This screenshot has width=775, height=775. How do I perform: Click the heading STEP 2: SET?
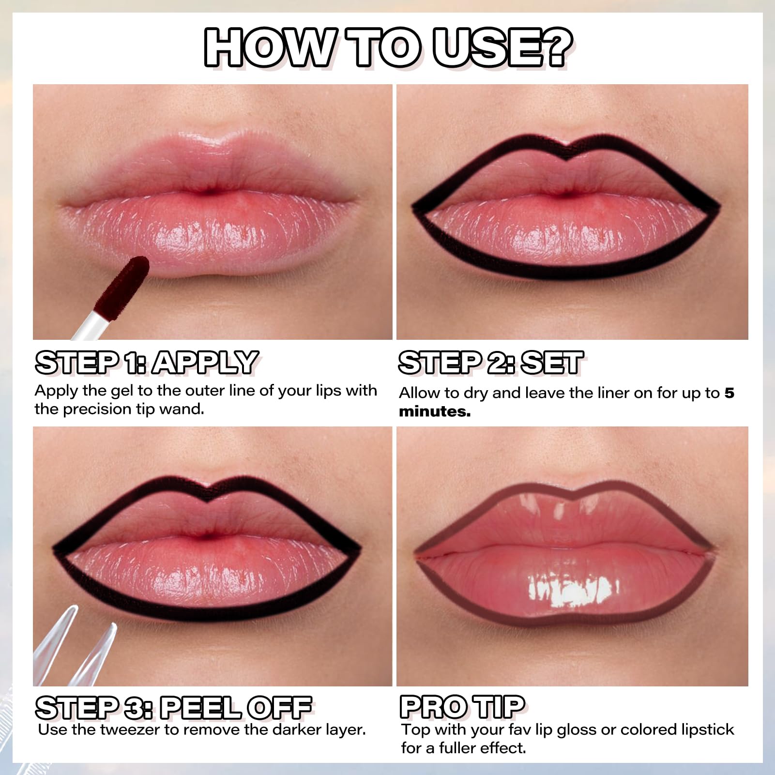pyautogui.click(x=491, y=363)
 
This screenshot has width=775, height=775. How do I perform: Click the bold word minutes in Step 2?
pyautogui.click(x=435, y=412)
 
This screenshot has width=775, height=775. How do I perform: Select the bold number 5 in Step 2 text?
pyautogui.click(x=729, y=393)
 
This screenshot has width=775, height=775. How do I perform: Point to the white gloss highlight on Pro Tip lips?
pyautogui.click(x=573, y=588)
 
